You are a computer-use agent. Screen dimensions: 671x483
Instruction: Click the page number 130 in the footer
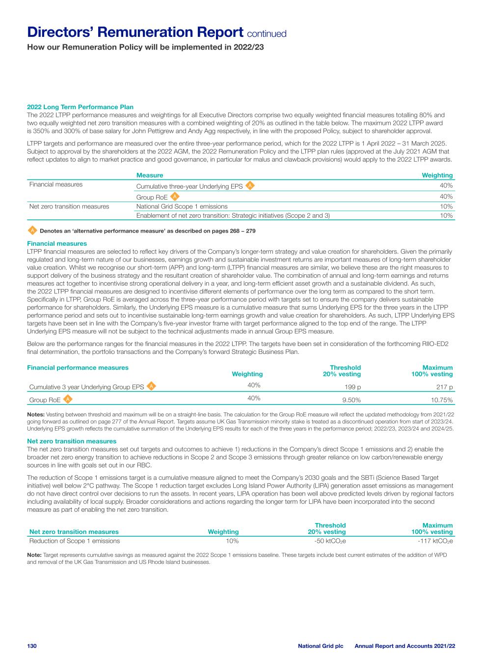click(x=32, y=645)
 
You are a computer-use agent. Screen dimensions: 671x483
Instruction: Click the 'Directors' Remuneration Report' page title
click(x=135, y=32)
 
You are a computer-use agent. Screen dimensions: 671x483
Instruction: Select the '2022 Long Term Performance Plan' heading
click(x=80, y=107)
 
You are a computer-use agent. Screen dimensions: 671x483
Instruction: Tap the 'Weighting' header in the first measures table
click(x=437, y=175)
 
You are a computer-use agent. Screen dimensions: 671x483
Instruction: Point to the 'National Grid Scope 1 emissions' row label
click(x=182, y=206)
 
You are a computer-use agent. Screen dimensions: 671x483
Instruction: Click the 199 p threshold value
click(x=353, y=387)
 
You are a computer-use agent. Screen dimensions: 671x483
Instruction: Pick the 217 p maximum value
click(x=445, y=387)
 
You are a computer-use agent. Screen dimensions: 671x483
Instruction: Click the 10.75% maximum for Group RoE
click(x=441, y=400)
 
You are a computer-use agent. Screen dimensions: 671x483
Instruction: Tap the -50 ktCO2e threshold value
click(x=330, y=541)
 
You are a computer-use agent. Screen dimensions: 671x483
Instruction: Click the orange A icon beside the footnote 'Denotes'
click(x=32, y=230)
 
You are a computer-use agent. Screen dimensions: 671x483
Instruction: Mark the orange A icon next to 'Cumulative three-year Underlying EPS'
click(x=250, y=185)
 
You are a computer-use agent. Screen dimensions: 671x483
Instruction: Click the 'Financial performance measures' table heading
click(x=78, y=368)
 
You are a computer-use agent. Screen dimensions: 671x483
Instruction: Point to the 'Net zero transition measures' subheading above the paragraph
click(x=72, y=441)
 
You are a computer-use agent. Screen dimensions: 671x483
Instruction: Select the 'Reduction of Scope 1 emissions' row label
click(x=75, y=541)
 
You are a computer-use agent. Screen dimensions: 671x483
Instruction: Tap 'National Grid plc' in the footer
click(x=321, y=645)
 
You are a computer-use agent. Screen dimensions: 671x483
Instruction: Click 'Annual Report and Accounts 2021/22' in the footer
click(x=404, y=645)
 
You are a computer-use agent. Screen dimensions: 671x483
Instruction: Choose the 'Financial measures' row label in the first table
click(x=56, y=185)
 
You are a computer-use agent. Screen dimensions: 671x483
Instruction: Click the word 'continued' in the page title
click(x=267, y=34)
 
